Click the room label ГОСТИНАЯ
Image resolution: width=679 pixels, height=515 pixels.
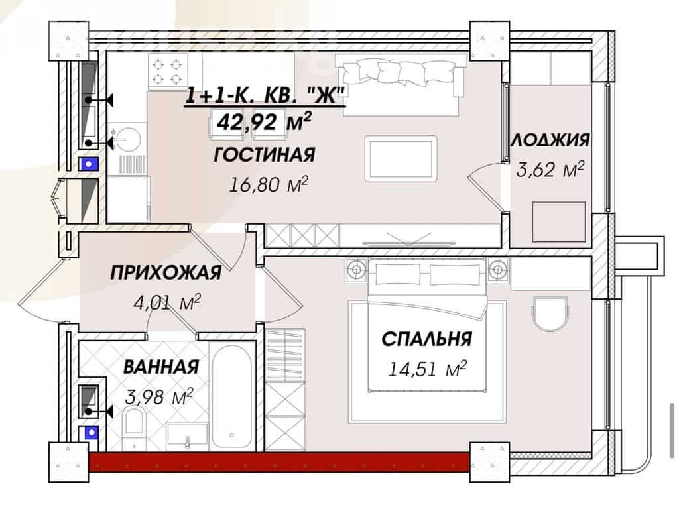(264, 155)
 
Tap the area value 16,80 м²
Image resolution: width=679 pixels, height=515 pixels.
(268, 184)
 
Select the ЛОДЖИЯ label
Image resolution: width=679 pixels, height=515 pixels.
(550, 140)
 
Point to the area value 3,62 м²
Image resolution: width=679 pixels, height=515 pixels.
(550, 169)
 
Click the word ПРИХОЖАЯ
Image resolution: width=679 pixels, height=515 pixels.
(166, 273)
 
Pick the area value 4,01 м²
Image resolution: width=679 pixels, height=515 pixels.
(167, 302)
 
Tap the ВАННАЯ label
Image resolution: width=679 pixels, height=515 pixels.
(161, 367)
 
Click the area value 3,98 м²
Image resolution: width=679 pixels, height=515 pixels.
(158, 396)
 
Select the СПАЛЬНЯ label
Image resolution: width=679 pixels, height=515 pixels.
(426, 339)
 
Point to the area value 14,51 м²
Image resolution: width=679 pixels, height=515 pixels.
(427, 369)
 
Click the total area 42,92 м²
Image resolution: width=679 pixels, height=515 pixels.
(264, 121)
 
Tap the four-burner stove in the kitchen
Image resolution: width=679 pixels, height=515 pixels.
(168, 72)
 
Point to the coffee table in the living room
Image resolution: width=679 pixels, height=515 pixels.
(401, 158)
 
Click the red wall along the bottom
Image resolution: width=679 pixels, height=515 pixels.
(279, 462)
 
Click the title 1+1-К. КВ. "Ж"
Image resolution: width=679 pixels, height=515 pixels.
(265, 95)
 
